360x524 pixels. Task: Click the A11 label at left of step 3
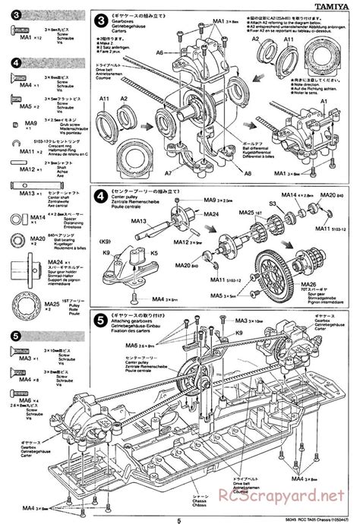pos(103,99)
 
